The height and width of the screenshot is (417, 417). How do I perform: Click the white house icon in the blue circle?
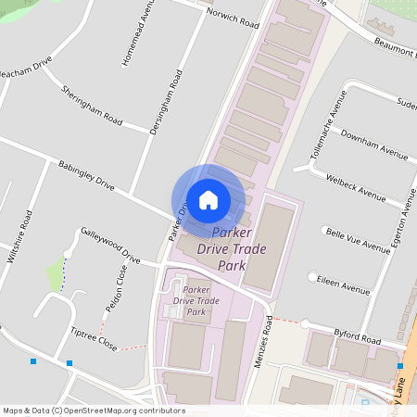208,199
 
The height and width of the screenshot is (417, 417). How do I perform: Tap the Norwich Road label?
233,19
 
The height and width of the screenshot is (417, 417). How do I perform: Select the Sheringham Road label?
92,106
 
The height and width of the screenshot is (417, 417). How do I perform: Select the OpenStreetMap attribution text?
94,410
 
